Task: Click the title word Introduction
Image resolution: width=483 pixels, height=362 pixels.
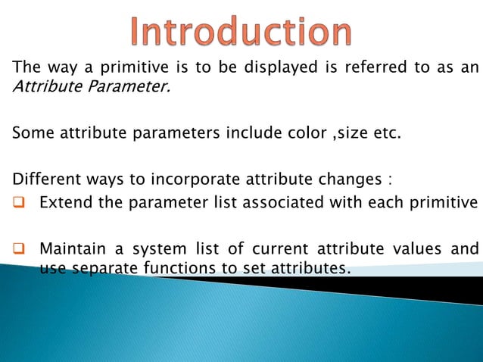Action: (x=241, y=33)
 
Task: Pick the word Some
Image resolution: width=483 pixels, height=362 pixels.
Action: (x=30, y=135)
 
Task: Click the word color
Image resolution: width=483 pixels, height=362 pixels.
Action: (x=299, y=135)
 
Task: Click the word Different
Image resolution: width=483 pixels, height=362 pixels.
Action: (x=45, y=183)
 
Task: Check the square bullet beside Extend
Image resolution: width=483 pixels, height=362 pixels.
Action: (x=20, y=203)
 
